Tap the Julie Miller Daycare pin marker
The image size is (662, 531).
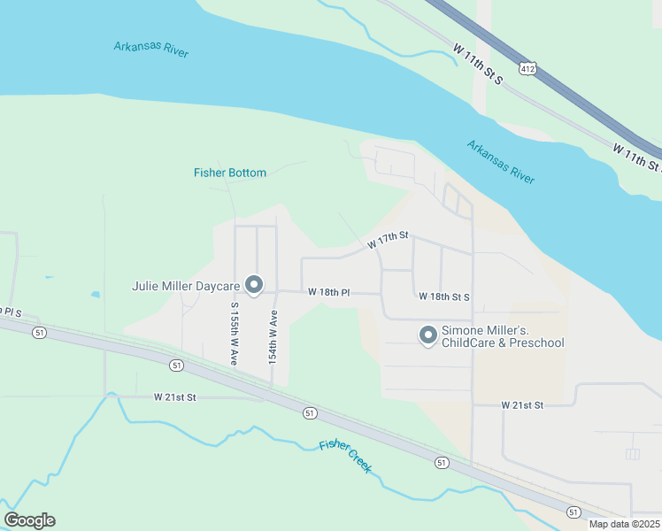click(x=254, y=285)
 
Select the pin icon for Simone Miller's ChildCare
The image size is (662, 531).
click(x=427, y=335)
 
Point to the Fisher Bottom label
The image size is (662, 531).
click(x=230, y=173)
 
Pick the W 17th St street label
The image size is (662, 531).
click(x=388, y=239)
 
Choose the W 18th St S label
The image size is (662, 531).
click(x=444, y=297)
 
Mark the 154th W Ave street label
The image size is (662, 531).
click(x=273, y=338)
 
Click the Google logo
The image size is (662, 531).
click(x=29, y=520)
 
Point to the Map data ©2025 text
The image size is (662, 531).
click(x=624, y=524)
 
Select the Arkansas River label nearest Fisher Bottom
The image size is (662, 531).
click(x=151, y=49)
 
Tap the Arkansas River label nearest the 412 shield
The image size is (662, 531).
click(x=501, y=162)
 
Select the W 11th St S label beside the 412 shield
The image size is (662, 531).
click(x=477, y=64)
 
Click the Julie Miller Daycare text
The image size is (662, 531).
click(x=186, y=286)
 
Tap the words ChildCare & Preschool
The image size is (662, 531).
click(x=502, y=343)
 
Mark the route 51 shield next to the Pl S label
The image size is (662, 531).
click(x=39, y=332)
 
